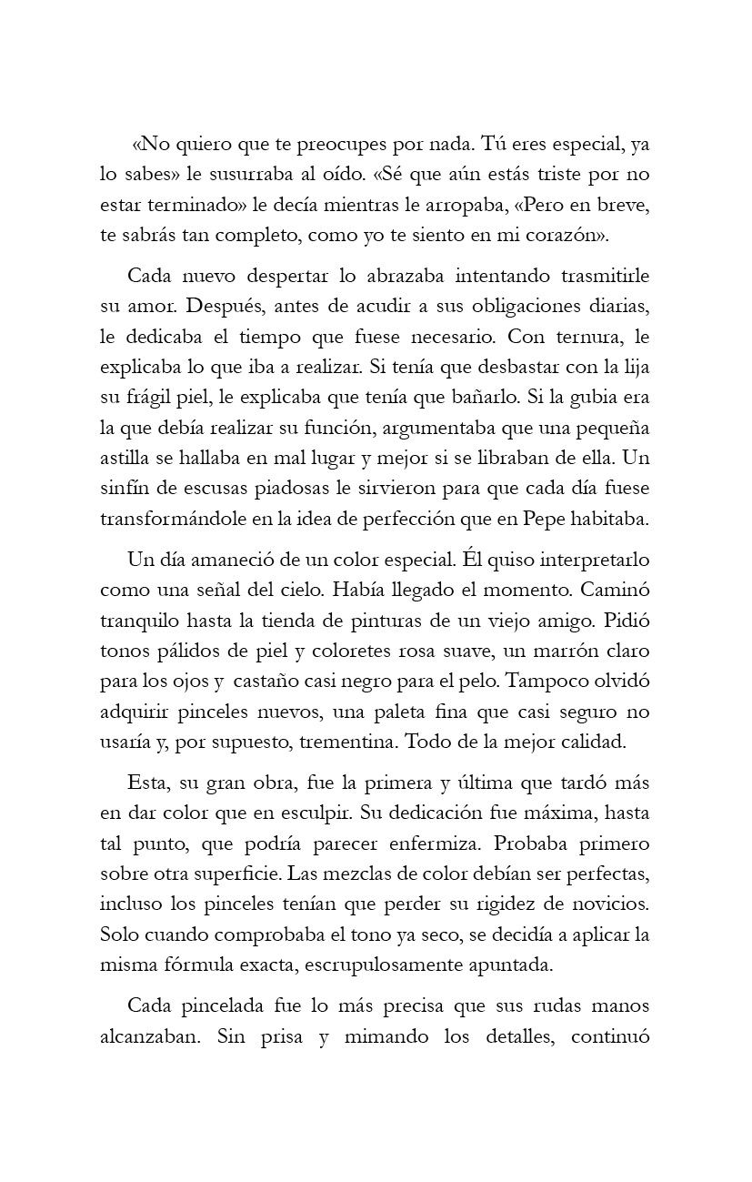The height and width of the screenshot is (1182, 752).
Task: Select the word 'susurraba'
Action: (x=239, y=174)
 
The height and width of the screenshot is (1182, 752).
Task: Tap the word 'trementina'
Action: (x=346, y=741)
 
